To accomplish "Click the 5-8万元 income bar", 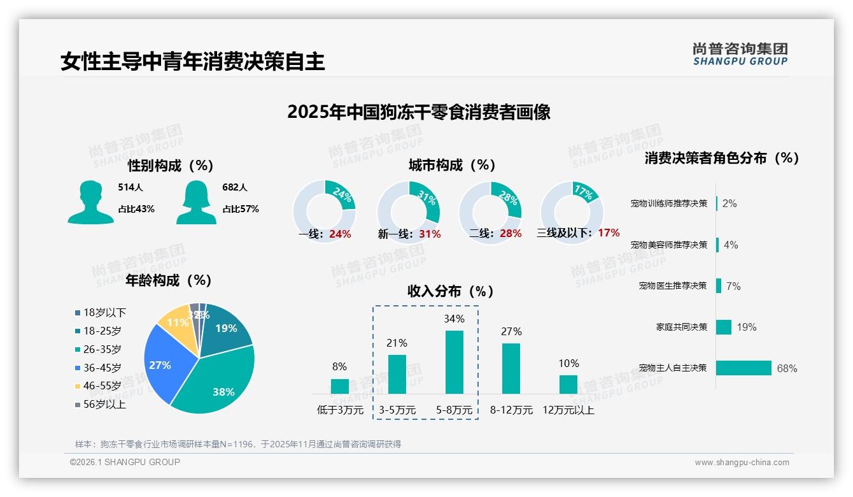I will [x=454, y=362].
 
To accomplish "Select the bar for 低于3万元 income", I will [x=340, y=386].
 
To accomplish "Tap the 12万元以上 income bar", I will [x=568, y=384].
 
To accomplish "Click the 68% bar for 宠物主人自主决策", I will [x=744, y=368].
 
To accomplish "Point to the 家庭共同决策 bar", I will [x=724, y=327].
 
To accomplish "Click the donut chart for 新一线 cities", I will [x=408, y=212].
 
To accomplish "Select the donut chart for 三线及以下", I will [x=571, y=212].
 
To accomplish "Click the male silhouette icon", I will [x=90, y=202].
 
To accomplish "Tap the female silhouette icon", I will [x=196, y=202].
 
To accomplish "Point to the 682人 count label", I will [x=234, y=187].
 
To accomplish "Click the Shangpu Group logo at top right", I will [x=740, y=54].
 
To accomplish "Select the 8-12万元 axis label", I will [x=511, y=410].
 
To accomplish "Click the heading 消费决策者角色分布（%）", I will [x=721, y=158].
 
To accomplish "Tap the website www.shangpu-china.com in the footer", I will [x=742, y=463].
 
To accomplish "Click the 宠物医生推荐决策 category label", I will [x=672, y=285].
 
